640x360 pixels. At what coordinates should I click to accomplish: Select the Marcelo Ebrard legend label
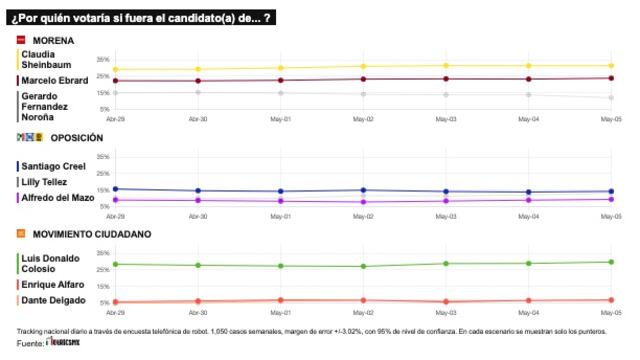tap(53, 80)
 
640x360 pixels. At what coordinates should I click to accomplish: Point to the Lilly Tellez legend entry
tap(45, 182)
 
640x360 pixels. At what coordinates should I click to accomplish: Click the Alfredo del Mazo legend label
tap(56, 198)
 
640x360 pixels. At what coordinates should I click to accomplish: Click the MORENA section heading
tap(54, 40)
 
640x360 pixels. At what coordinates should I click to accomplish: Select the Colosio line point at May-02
tap(363, 266)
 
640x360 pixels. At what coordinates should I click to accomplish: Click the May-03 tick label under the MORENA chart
tap(445, 118)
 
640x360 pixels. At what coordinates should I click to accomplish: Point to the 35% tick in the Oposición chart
tap(103, 157)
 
